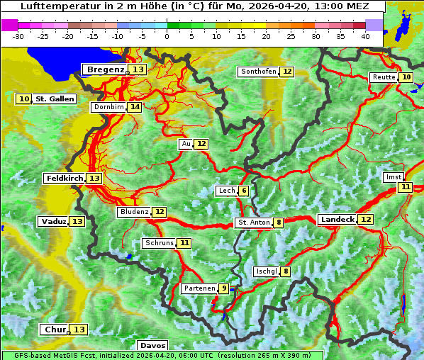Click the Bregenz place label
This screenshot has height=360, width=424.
pos(106,69)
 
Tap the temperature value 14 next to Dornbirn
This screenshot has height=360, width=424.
pos(135,107)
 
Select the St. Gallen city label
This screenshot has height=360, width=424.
pos(55,99)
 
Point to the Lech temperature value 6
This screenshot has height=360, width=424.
pos(243,191)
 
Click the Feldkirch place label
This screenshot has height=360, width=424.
pos(64,178)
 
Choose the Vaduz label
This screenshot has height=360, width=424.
pos(53,221)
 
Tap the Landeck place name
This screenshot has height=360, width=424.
pos(337,220)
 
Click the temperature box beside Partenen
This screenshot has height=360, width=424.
pos(224,288)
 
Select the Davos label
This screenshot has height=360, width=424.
pos(153,345)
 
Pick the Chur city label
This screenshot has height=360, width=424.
pos(55,330)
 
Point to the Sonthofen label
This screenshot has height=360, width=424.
pos(258,72)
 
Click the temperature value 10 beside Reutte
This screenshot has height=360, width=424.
pos(406,77)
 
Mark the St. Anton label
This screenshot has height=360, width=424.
pos(253,223)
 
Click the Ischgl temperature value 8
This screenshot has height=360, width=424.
pos(285,271)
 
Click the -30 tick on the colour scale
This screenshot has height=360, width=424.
pos(18,36)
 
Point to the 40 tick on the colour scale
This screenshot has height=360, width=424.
pos(365,36)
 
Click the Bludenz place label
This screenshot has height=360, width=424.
pos(134,212)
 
